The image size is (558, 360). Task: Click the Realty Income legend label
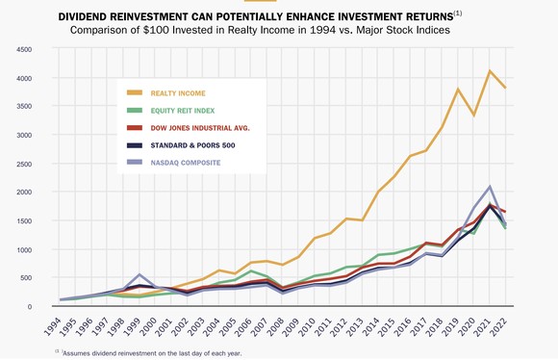(x=179, y=92)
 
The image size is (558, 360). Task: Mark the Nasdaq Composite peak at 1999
(x=141, y=275)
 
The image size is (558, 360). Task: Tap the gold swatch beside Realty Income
(x=135, y=92)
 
